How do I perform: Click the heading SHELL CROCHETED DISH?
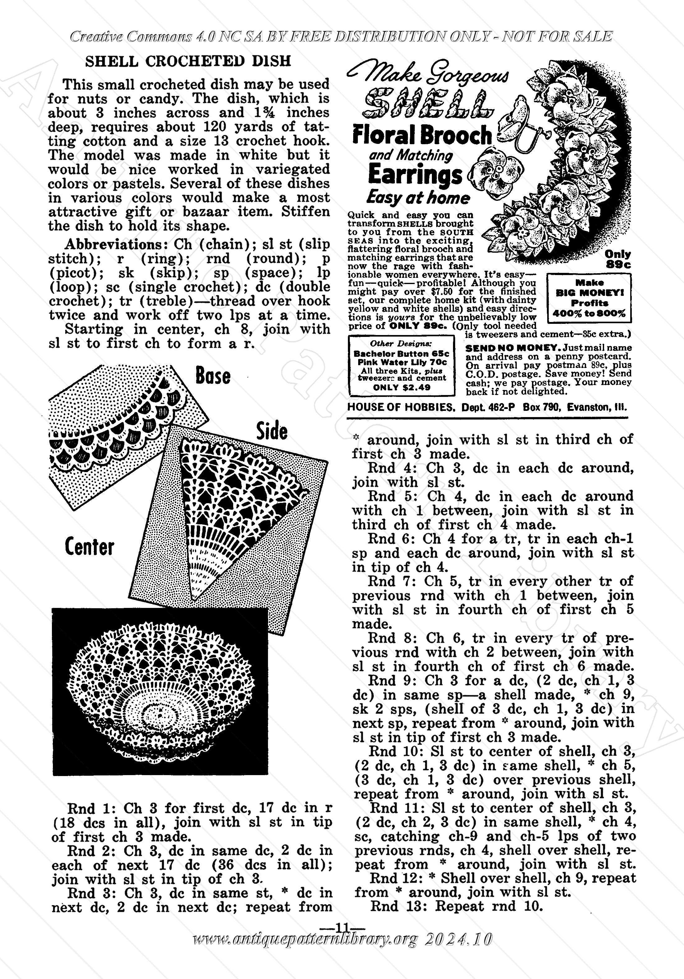[188, 62]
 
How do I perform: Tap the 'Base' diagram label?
[213, 376]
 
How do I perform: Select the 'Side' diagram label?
[272, 431]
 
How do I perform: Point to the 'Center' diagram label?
[90, 547]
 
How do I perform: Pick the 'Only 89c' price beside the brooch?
[618, 259]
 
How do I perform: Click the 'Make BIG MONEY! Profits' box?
[589, 298]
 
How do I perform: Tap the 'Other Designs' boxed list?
[401, 365]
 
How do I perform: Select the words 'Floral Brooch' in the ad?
[422, 135]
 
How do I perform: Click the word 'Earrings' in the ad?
[414, 175]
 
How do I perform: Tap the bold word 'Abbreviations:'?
[117, 245]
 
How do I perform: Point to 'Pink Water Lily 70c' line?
[402, 362]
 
